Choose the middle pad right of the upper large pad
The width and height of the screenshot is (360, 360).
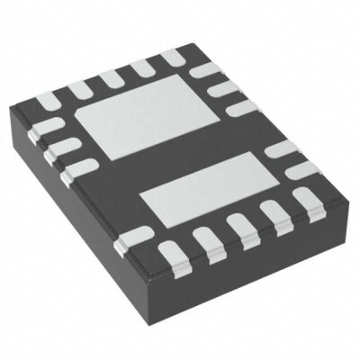pos(224,89)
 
